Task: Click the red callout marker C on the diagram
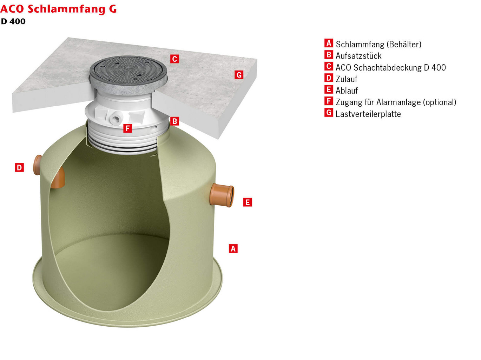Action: coord(174,59)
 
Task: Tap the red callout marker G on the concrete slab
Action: coord(239,75)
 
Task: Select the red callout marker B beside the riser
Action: coord(174,121)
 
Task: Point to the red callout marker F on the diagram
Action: coord(128,128)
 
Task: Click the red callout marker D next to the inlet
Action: coord(19,168)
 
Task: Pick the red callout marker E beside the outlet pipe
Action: coord(248,202)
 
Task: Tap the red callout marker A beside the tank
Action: coord(233,248)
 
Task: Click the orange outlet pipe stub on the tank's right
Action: coord(222,195)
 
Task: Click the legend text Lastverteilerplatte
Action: coord(368,114)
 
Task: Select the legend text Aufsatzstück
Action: coord(358,56)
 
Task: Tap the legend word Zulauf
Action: coord(346,79)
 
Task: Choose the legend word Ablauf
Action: coord(347,91)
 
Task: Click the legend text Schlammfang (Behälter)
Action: coord(378,44)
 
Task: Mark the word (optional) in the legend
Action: coord(440,102)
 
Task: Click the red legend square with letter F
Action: coord(329,101)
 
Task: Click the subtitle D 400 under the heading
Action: coord(13,21)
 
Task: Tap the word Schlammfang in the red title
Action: coord(66,9)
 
